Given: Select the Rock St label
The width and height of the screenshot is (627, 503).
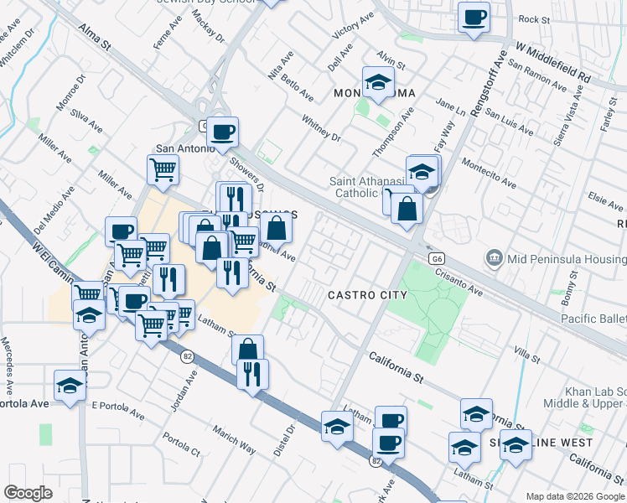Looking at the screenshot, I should pyautogui.click(x=533, y=18).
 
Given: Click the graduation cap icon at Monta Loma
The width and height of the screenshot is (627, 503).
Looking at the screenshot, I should pyautogui.click(x=378, y=83).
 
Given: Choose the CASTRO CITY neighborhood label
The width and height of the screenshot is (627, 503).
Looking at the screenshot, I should pyautogui.click(x=367, y=295).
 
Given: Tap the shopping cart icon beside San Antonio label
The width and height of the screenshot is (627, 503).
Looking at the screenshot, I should pyautogui.click(x=163, y=169).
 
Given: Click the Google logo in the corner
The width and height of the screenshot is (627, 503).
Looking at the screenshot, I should pyautogui.click(x=28, y=493).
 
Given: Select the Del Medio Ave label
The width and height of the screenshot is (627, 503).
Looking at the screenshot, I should pyautogui.click(x=49, y=215).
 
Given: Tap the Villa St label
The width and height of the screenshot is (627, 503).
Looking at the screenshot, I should pyautogui.click(x=526, y=355).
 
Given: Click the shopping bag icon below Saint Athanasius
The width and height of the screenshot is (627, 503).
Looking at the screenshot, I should pyautogui.click(x=406, y=210).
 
